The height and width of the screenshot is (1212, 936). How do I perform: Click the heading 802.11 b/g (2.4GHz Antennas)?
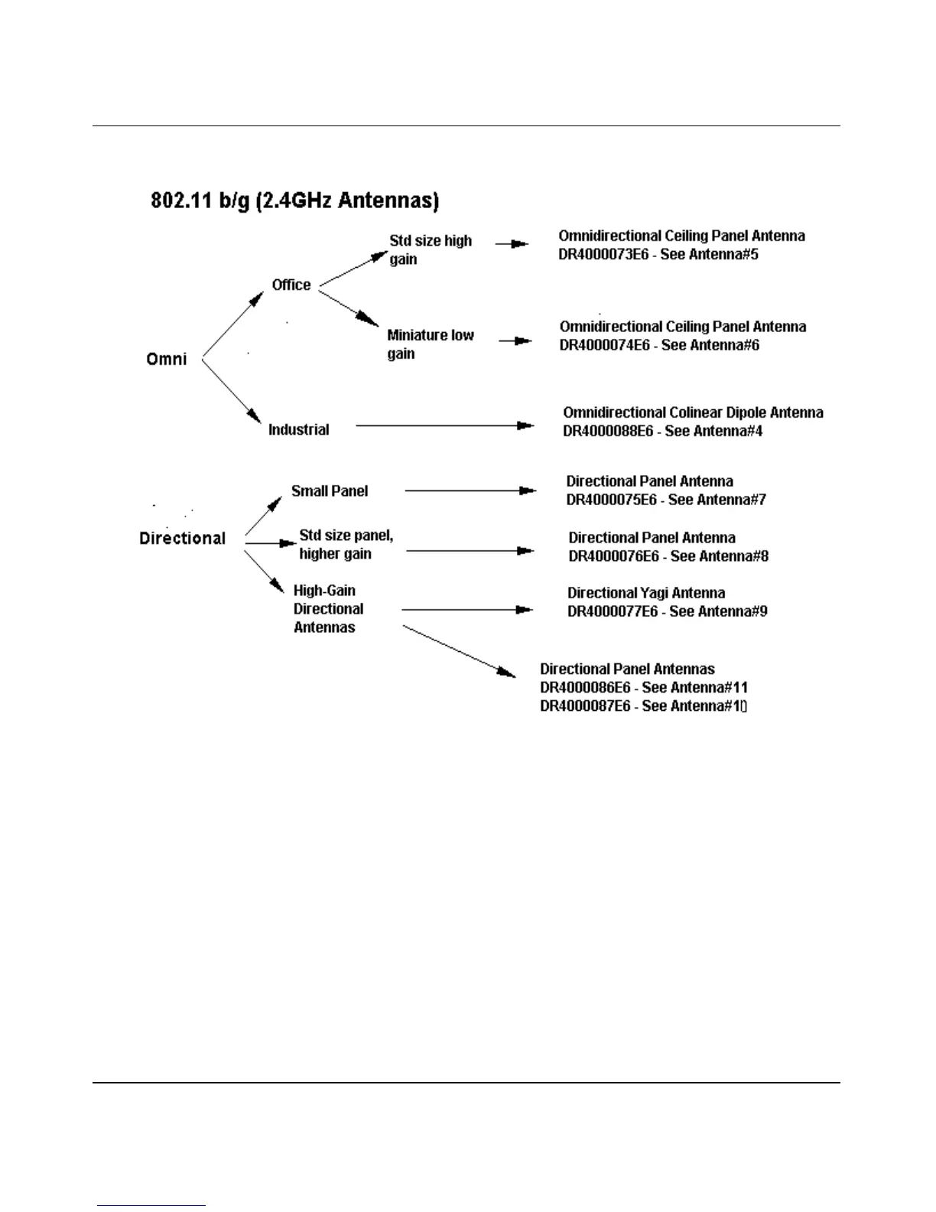coord(294,201)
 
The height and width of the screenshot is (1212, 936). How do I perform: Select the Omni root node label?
coord(166,359)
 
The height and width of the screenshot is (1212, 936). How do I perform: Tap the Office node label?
coord(291,285)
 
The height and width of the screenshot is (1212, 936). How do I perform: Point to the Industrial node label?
coord(298,429)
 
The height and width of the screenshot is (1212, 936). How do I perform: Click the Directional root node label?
coord(182,538)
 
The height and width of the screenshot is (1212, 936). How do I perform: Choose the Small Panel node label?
coord(330,491)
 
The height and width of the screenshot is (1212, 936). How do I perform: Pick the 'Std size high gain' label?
coord(430,249)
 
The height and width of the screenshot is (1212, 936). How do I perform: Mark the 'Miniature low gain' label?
coord(430,344)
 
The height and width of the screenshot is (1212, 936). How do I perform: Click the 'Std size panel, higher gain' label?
coord(346,544)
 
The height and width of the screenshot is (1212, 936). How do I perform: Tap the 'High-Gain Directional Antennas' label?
coord(328,609)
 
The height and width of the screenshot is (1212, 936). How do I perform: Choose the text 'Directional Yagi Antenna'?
coord(646,593)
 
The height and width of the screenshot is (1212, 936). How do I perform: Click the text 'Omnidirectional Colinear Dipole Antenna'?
coord(693,413)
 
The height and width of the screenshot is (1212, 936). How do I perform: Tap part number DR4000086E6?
coord(585,688)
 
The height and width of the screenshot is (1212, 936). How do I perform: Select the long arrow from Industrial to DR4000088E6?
coord(444,425)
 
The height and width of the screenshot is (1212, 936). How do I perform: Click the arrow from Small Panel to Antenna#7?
coord(470,490)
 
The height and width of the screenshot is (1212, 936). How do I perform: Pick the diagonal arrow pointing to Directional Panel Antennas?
coord(459,651)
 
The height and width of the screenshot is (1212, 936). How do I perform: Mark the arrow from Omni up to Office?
coord(232,324)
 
